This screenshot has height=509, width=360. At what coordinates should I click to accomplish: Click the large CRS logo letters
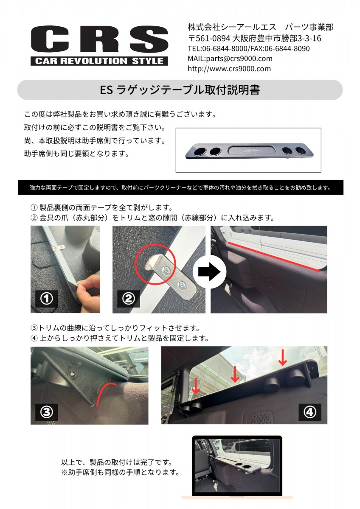point(99,39)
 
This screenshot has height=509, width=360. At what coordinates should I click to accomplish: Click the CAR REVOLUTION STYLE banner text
point(99,61)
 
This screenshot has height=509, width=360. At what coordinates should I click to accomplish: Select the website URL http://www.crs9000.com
point(229,69)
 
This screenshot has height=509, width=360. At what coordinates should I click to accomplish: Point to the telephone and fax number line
point(249,49)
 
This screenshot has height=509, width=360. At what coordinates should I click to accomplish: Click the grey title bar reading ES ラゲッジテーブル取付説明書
point(180,90)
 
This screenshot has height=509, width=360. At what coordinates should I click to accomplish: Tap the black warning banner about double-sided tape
point(180,187)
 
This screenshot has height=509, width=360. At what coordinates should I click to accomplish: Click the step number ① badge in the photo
point(47,299)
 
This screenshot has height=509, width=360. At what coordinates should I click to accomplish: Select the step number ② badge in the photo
point(129,299)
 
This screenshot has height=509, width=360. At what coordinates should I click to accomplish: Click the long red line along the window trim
point(274,257)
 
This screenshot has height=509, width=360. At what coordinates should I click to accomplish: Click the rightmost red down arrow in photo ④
point(282,358)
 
